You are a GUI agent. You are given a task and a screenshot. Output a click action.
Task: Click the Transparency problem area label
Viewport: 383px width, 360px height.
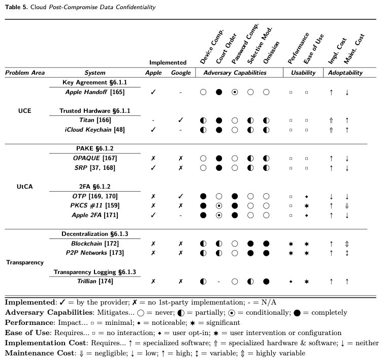coord(25,262)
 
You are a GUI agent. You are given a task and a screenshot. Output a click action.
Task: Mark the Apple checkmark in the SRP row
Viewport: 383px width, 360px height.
coord(153,168)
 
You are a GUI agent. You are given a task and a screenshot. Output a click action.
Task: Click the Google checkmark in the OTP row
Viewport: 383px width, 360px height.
coord(181,196)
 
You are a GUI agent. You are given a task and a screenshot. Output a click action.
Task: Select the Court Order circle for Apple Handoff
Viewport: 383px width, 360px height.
coord(219,93)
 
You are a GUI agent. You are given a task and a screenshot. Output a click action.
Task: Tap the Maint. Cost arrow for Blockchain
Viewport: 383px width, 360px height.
coord(347,244)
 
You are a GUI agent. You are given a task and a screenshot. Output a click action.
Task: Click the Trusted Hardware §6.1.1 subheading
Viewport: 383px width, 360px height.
coord(95,111)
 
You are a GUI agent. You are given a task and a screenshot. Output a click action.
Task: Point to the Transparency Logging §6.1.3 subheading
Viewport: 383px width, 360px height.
coord(95,272)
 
